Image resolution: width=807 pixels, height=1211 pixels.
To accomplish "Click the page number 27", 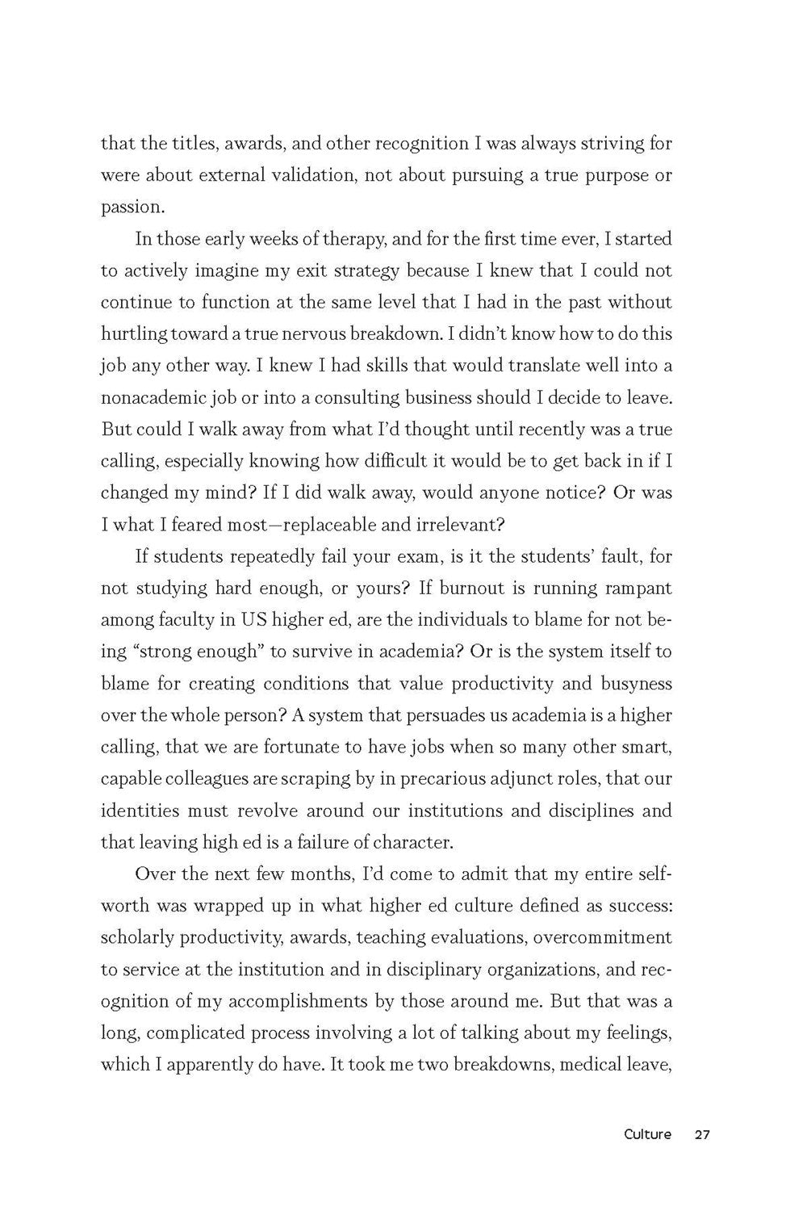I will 701,1134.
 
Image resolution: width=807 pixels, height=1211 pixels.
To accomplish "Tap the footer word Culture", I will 647,1134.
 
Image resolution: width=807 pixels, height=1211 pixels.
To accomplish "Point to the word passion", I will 132,207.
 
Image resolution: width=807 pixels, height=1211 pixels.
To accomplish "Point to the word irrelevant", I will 462,524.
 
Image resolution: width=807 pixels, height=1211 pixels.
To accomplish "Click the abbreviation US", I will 250,619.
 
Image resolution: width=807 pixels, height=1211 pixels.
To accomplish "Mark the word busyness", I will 635,683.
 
